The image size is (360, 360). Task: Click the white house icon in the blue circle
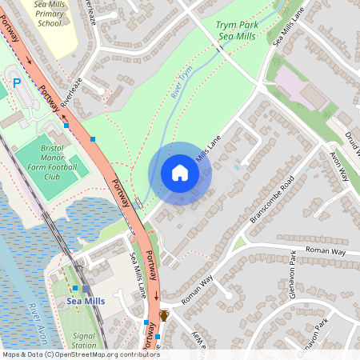[x=180, y=173]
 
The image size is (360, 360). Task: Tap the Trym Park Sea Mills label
[x=237, y=31]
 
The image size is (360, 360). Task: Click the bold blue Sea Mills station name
[x=86, y=301]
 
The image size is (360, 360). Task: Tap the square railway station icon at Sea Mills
[x=86, y=289]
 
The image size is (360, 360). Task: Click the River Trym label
[x=182, y=83]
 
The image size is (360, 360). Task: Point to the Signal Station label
[x=84, y=341]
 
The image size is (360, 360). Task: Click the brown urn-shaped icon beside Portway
[x=164, y=315]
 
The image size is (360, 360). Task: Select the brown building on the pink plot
[x=313, y=97]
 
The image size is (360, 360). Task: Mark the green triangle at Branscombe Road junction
[x=239, y=241]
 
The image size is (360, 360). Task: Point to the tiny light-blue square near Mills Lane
[x=237, y=168]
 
